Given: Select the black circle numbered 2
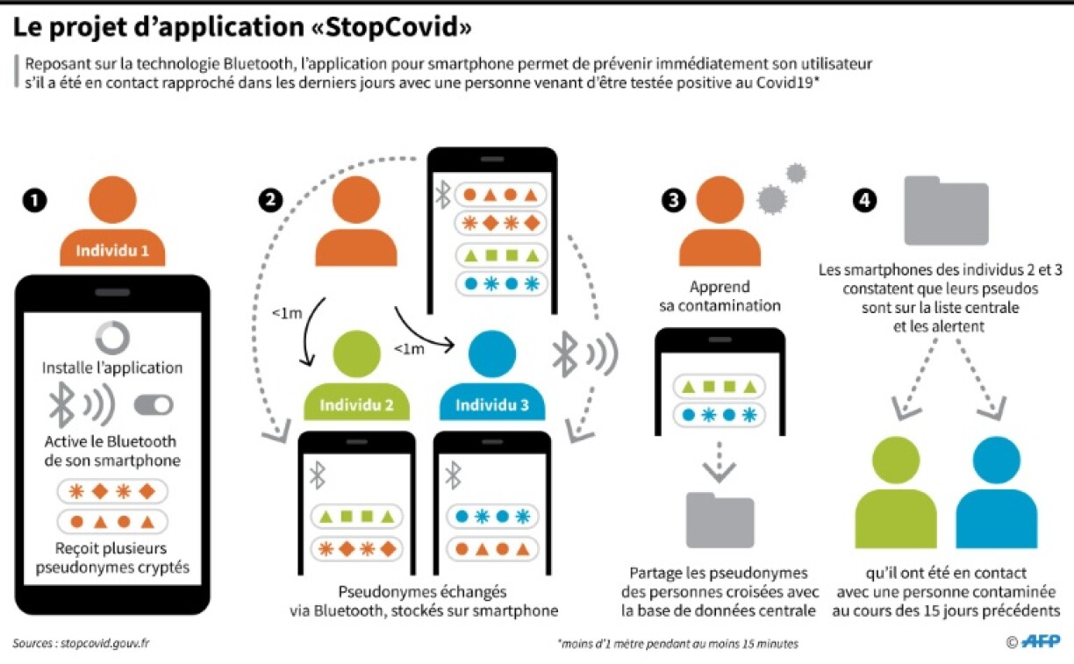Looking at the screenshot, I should (271, 201).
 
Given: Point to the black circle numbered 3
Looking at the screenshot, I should (674, 201).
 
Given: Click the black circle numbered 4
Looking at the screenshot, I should (865, 201).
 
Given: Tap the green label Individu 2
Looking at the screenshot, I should (355, 405).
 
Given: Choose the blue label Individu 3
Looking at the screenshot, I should (491, 405).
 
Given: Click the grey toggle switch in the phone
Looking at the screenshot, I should (154, 404).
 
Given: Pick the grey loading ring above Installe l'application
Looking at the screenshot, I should (112, 337).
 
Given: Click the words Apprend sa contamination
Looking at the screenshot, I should (720, 296).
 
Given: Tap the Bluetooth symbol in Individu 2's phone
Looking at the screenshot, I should (318, 476).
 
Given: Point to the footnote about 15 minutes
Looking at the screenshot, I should (677, 644).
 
